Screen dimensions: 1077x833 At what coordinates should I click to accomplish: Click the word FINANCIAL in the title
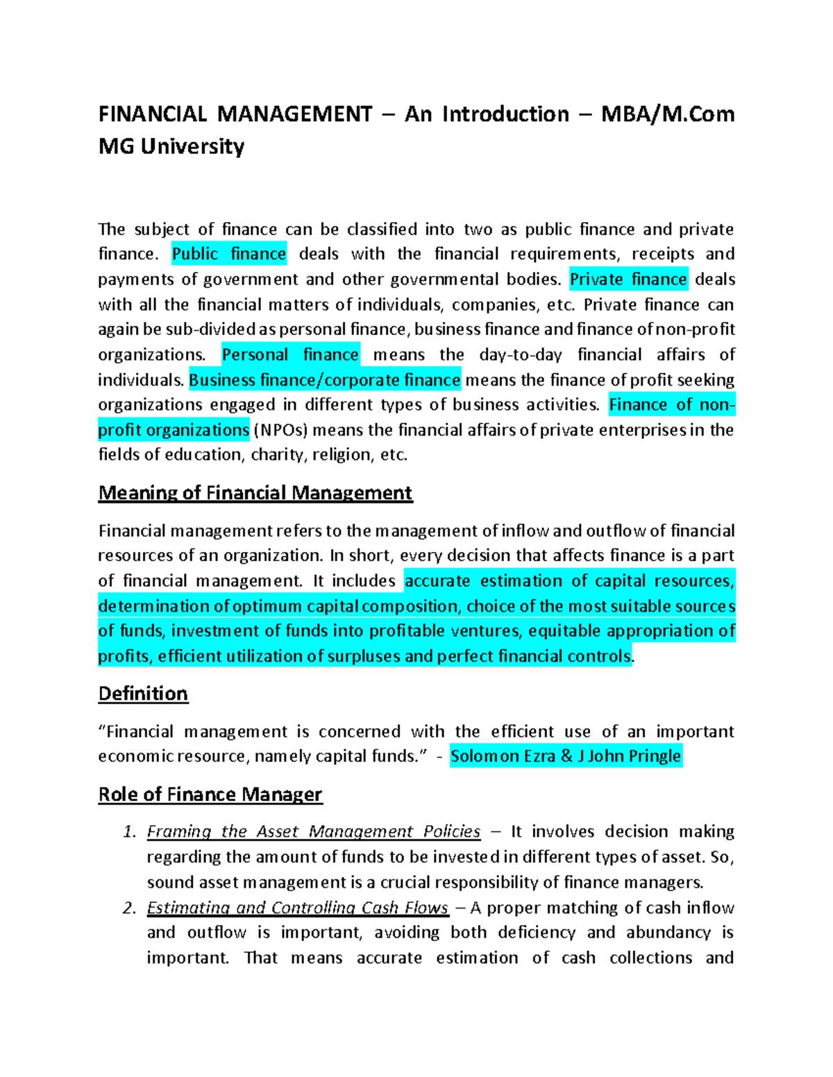point(153,114)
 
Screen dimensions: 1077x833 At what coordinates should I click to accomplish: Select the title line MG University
point(171,146)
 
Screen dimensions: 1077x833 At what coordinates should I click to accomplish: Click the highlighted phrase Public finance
point(229,254)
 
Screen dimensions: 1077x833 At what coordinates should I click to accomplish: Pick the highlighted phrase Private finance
point(628,279)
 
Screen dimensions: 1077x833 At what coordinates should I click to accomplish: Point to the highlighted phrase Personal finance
point(290,354)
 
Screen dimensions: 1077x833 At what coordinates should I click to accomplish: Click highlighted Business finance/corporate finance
point(325,380)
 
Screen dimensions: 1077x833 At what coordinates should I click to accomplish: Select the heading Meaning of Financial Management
point(255,493)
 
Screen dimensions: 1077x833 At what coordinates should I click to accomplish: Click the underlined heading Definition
point(143,693)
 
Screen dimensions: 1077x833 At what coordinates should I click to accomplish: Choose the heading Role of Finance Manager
point(210,794)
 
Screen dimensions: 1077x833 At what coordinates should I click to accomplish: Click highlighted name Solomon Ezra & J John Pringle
point(566,756)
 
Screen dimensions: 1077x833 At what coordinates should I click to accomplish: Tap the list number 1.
point(129,832)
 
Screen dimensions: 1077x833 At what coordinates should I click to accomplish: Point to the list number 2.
point(129,908)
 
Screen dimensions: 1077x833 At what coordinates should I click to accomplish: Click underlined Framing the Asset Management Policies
point(314,832)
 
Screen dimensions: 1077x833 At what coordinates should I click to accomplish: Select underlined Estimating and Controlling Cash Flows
point(298,908)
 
